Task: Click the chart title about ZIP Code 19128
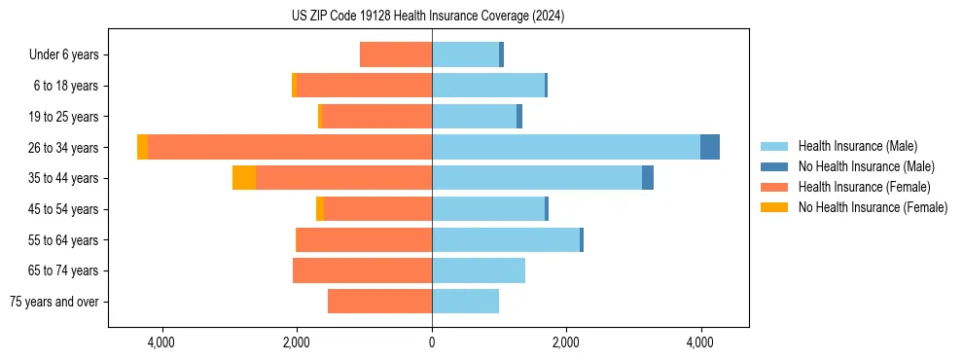click(x=427, y=17)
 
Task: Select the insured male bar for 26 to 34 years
click(x=565, y=147)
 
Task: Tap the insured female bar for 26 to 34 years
click(x=290, y=147)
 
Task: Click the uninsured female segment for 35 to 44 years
click(x=244, y=178)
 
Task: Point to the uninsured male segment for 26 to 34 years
click(x=710, y=147)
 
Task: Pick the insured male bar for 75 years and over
click(x=465, y=302)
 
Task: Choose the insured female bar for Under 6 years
click(x=396, y=54)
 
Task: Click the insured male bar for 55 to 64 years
click(x=506, y=239)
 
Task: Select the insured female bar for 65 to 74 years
click(x=362, y=270)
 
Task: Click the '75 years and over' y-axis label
click(x=53, y=302)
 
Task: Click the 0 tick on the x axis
click(x=432, y=342)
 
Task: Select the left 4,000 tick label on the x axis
click(x=161, y=342)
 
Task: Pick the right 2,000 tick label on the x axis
click(x=566, y=342)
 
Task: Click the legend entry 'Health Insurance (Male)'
click(x=857, y=146)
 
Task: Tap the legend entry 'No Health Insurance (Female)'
click(x=873, y=207)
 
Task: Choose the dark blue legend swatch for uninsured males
click(x=775, y=166)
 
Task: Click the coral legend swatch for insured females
click(x=775, y=187)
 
